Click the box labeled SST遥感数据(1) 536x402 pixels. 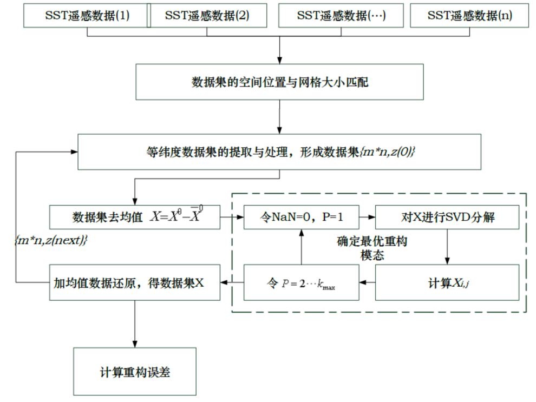tap(87, 16)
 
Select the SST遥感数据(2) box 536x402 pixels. tap(207, 16)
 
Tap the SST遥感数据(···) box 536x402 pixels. tap(341, 16)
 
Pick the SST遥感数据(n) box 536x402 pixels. tap(469, 16)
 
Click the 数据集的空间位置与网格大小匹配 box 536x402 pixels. tap(279, 82)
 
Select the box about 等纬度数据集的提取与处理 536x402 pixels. tap(279, 152)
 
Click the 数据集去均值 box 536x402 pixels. tap(134, 218)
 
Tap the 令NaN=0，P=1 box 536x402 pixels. tap(300, 218)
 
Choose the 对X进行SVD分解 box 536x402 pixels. tap(447, 218)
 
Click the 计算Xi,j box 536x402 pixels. tap(447, 282)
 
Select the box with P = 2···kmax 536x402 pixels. tap(300, 282)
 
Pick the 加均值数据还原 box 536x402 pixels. tap(134, 282)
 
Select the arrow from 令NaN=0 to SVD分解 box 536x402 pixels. tap(366, 218)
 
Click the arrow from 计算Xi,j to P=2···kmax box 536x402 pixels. tap(367, 282)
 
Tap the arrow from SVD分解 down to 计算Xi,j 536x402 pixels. tap(447, 247)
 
